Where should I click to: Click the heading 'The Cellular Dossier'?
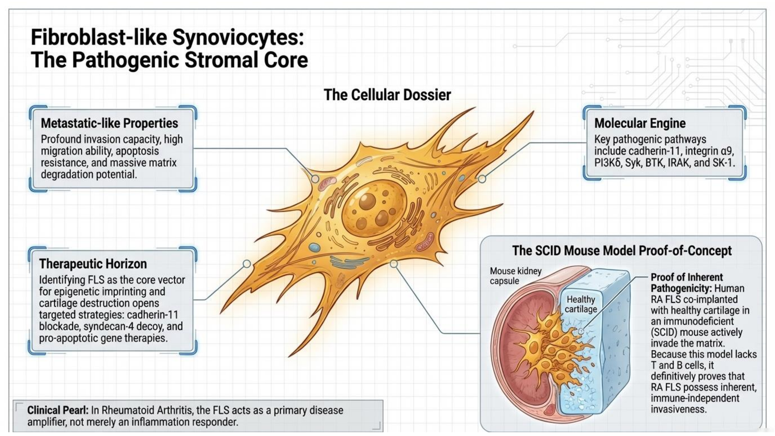387,95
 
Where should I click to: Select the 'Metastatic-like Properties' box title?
109,123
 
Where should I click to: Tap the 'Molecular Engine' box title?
640,123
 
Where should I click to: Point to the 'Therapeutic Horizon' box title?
93,264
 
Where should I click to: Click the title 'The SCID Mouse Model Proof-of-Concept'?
622,251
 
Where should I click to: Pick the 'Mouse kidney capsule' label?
515,276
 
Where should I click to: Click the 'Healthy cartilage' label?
581,304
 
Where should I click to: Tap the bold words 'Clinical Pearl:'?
58,410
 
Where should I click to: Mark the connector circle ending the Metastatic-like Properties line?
315,179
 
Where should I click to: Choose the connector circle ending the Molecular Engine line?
482,179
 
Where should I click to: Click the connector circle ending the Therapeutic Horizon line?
247,264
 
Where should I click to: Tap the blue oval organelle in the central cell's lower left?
315,248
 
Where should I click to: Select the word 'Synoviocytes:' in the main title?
238,37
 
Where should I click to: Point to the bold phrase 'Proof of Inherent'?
687,277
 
